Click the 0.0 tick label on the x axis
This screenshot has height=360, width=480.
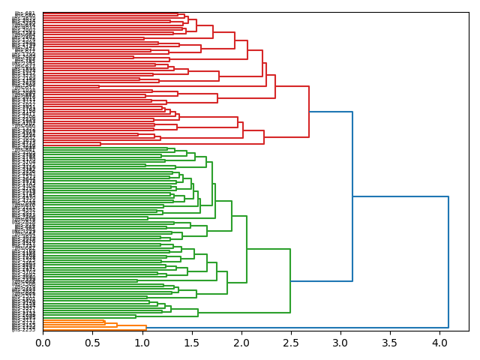tap(43, 343)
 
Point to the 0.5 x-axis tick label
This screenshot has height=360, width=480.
tap(92, 343)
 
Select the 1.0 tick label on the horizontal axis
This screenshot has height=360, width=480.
tap(142, 343)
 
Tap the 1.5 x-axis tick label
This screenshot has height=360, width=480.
tap(191, 343)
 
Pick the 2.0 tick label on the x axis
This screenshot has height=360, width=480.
tap(241, 343)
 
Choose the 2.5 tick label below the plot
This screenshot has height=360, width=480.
tap(291, 343)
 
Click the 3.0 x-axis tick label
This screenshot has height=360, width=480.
tap(340, 343)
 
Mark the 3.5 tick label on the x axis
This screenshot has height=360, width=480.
tap(390, 343)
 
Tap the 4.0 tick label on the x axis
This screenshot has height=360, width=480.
tap(439, 343)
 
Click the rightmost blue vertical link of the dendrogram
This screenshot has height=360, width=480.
tap(448, 262)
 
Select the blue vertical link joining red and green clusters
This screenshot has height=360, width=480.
tap(352, 196)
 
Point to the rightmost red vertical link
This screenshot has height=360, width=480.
tap(309, 112)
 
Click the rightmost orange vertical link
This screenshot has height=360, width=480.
tap(146, 326)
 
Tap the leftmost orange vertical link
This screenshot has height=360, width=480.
tap(105, 322)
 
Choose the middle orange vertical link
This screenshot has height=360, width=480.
tap(117, 324)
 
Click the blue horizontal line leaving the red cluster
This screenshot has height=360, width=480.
tap(331, 112)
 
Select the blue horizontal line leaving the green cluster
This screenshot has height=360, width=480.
tap(321, 281)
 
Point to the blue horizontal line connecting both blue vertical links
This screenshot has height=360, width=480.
tap(400, 196)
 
